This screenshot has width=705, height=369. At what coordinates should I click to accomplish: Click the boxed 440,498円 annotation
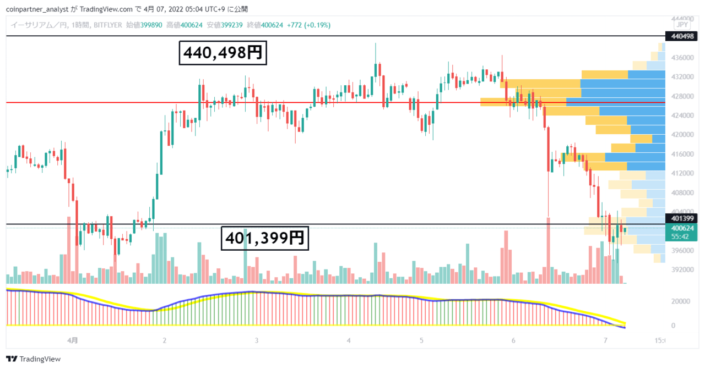click(223, 53)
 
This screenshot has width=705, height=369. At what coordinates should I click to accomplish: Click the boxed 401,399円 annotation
click(265, 238)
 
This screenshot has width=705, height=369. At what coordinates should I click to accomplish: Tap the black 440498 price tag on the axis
click(681, 36)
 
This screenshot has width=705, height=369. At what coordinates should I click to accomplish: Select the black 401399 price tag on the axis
click(681, 218)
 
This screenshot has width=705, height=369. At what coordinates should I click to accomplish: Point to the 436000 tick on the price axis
click(682, 58)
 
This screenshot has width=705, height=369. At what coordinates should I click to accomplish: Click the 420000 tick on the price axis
click(682, 135)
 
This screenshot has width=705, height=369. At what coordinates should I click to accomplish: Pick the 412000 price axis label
click(682, 173)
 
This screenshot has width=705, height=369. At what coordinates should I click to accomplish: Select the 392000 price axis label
click(682, 269)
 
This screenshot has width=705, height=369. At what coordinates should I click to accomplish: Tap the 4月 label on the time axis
click(72, 340)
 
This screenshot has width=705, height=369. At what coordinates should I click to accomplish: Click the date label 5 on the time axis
click(421, 340)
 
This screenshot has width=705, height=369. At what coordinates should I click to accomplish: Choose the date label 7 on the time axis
click(605, 340)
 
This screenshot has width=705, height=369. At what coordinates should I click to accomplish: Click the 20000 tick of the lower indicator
click(680, 301)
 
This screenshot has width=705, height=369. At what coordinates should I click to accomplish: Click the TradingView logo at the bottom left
click(33, 359)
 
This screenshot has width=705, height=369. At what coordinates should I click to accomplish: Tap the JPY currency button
click(682, 25)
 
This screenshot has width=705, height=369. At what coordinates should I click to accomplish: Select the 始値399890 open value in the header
click(144, 25)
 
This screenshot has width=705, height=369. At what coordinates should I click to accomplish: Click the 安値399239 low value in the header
click(225, 25)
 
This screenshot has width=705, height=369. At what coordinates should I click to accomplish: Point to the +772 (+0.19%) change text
click(309, 25)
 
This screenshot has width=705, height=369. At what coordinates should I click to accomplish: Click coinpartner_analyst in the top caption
click(37, 9)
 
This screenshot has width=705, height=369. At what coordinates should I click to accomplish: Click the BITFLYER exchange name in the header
click(107, 25)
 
